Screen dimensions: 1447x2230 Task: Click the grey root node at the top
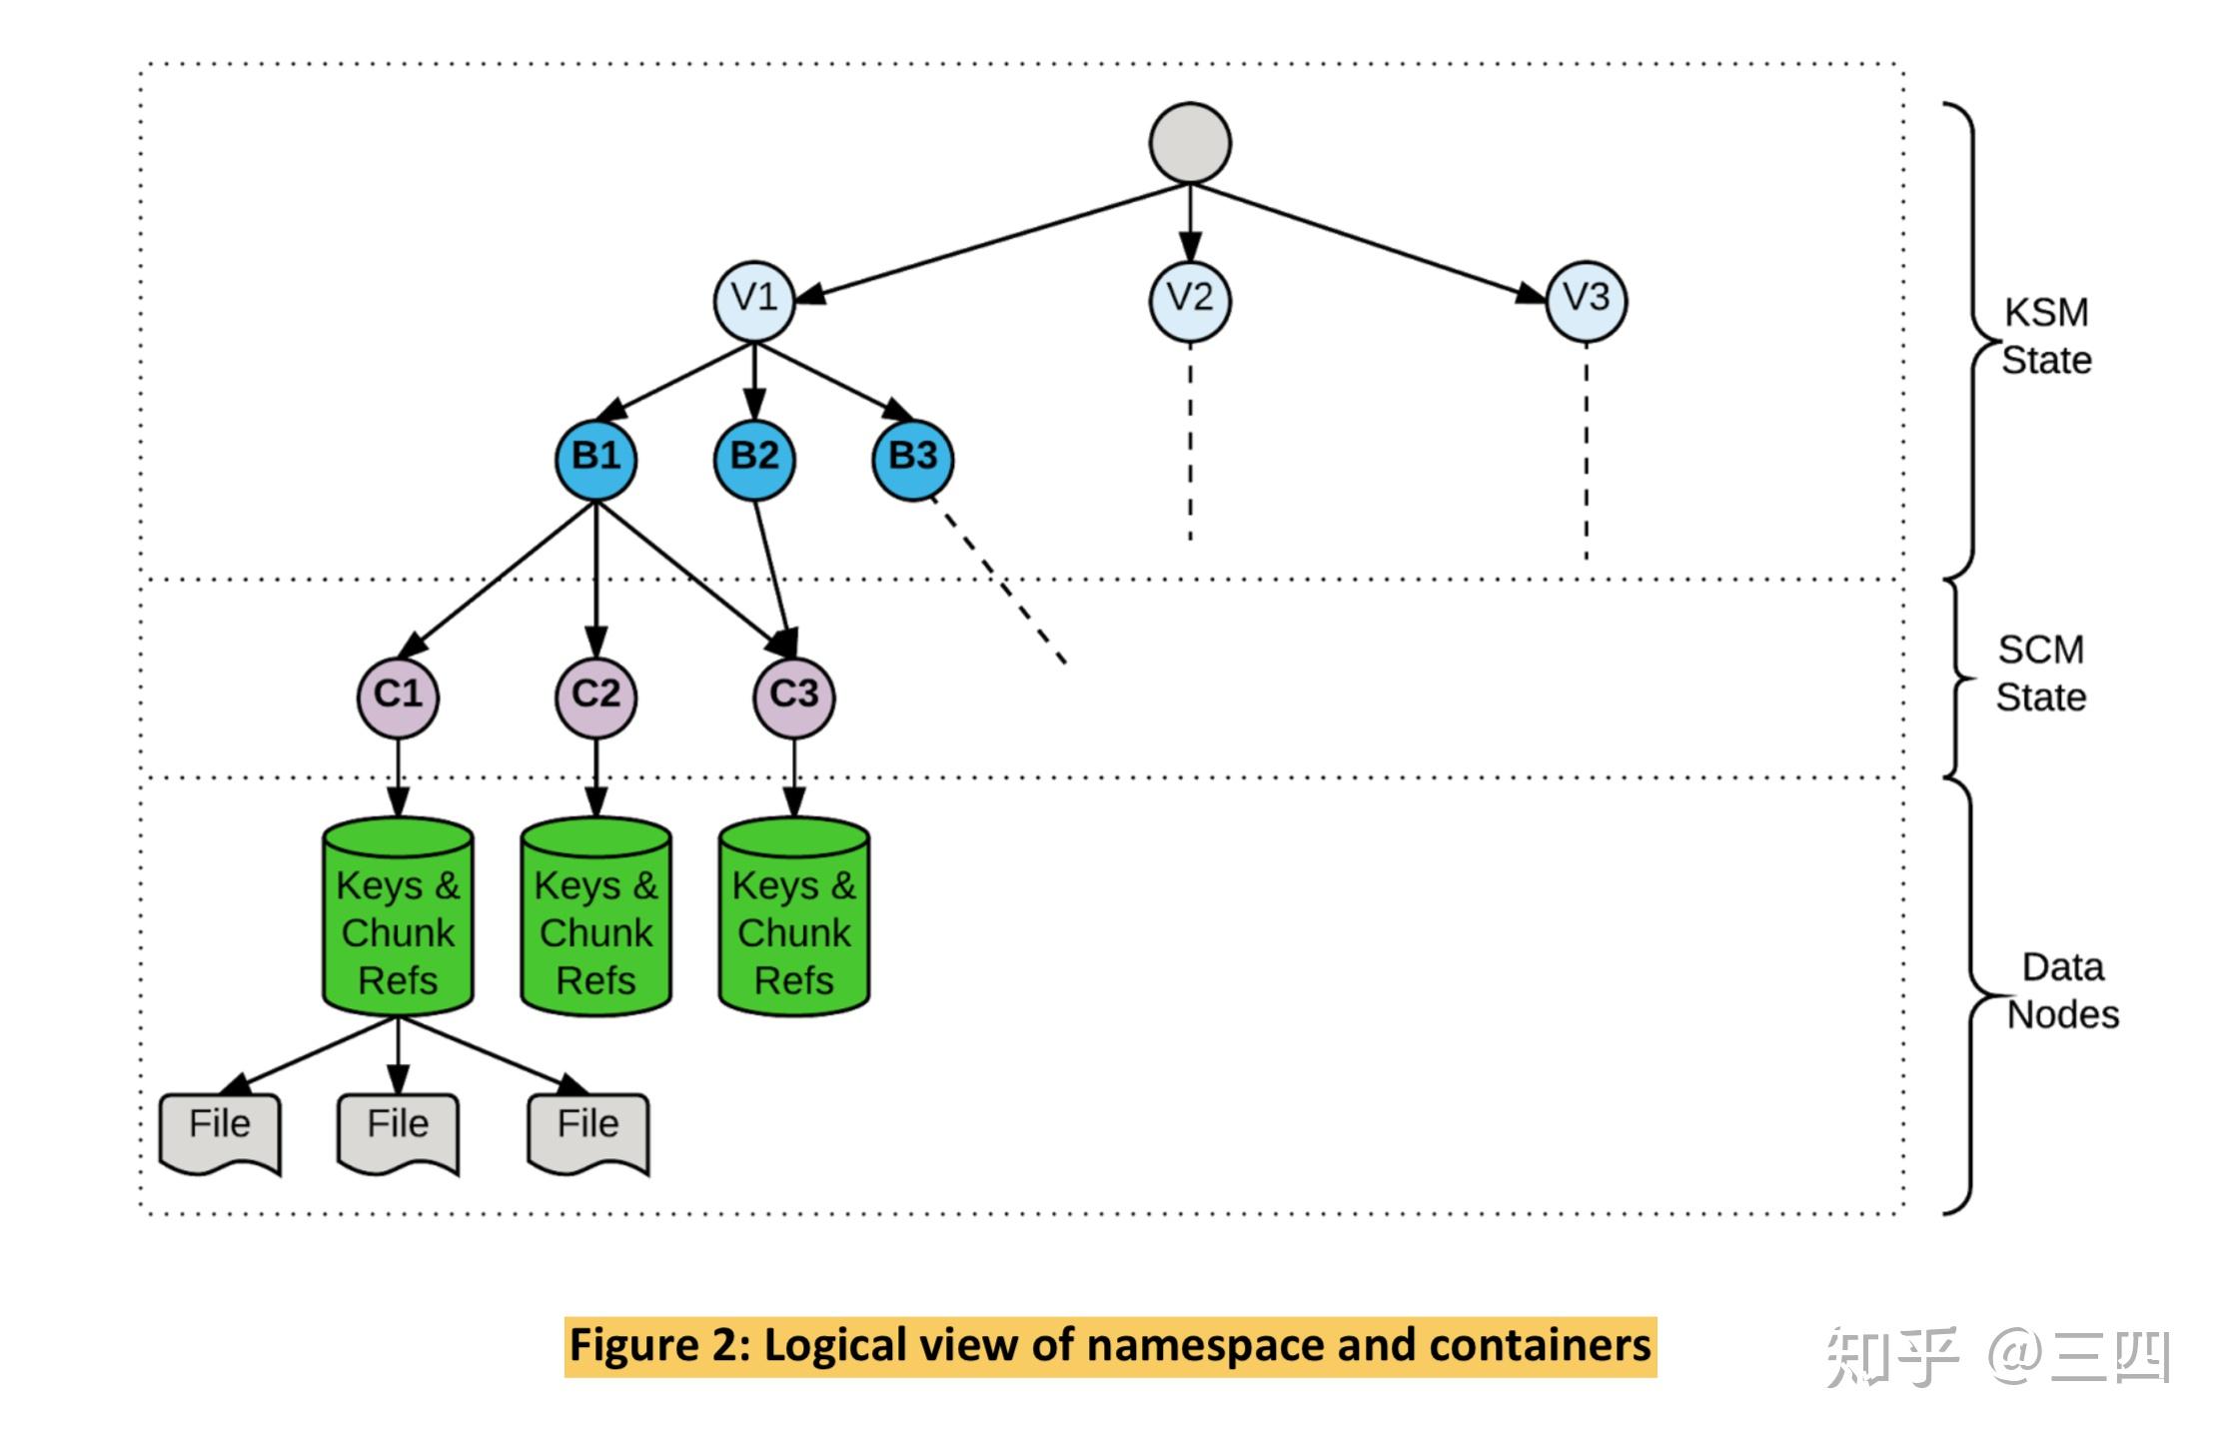click(x=1189, y=143)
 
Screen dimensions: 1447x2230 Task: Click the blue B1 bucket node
click(x=595, y=459)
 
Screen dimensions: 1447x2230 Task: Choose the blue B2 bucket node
click(x=754, y=459)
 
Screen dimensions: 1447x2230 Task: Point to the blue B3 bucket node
click(x=912, y=459)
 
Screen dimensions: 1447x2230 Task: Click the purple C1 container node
click(x=398, y=697)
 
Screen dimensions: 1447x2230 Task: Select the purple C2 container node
click(x=595, y=697)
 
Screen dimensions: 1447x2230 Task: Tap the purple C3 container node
click(x=793, y=697)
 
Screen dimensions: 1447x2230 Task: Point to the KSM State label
click(x=2045, y=337)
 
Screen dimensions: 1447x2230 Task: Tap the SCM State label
click(x=2040, y=674)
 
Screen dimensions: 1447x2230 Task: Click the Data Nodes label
click(x=2062, y=991)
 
